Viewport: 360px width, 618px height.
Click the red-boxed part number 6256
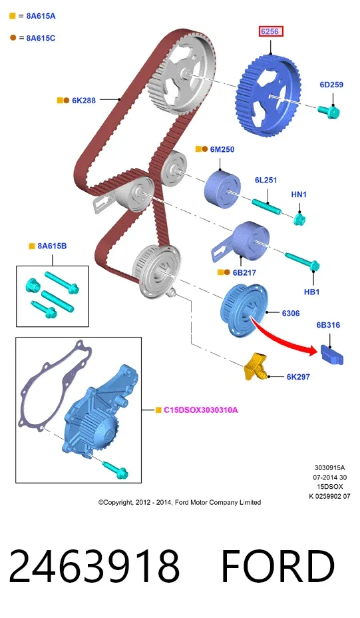271,31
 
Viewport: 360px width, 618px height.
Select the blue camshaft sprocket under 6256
269,96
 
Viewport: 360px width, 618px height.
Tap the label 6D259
331,85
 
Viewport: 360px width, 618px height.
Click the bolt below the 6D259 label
329,111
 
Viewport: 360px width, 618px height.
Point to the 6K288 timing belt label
84,101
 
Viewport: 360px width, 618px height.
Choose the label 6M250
222,149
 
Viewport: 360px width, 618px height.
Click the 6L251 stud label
266,180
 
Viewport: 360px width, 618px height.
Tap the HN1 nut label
299,194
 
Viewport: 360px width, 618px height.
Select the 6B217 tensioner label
244,272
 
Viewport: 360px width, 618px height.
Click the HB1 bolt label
311,292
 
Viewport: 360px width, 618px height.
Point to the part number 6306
291,314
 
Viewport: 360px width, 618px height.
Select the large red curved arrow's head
311,350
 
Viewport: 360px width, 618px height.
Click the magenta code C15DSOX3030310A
201,410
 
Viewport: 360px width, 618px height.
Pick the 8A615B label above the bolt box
52,246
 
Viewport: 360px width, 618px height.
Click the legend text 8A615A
41,16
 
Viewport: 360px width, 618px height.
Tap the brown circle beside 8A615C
13,38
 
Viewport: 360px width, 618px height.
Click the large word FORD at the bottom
278,566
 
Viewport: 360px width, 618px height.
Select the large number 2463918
94,566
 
